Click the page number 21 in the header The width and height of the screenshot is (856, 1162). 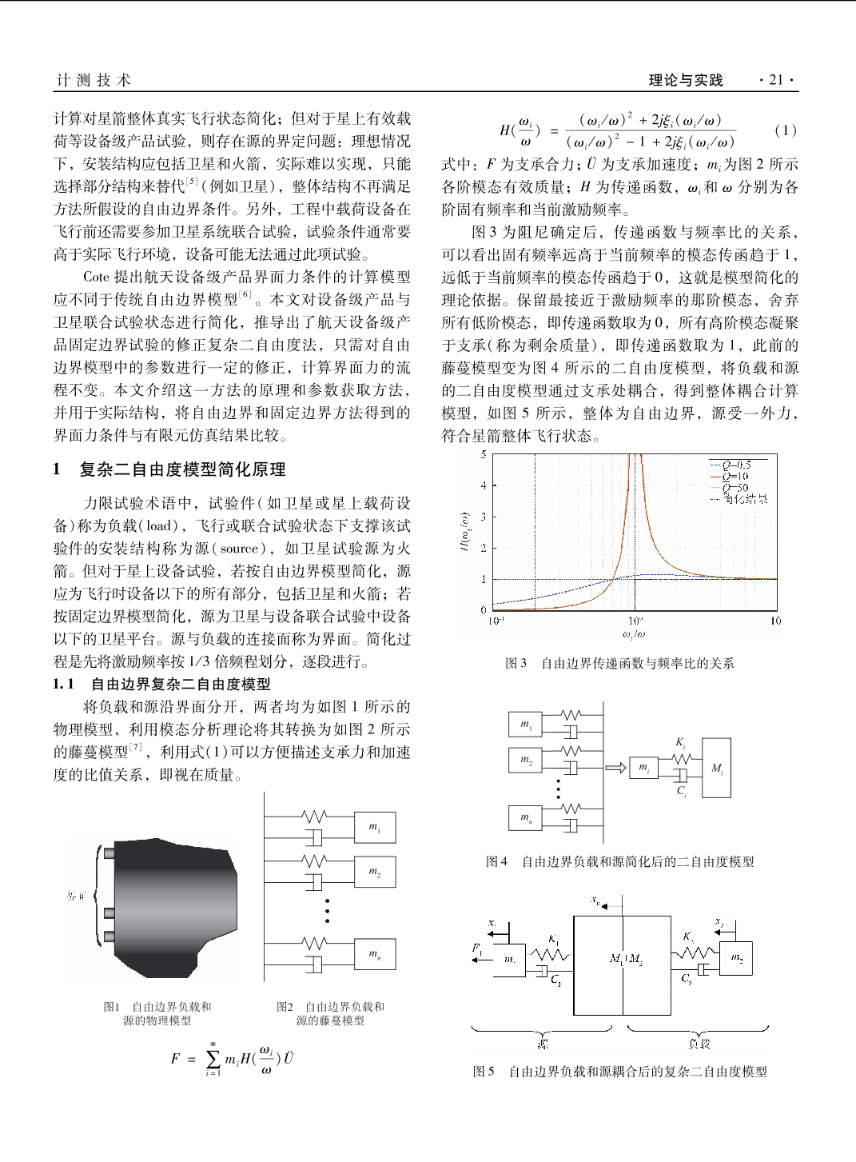775,80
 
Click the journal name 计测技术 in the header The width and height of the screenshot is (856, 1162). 94,80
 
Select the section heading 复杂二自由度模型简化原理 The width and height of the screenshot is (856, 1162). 182,469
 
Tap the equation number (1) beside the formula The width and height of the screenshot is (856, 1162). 785,130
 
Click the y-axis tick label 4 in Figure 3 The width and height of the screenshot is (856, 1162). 484,485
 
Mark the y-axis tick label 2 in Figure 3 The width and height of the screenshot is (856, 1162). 484,548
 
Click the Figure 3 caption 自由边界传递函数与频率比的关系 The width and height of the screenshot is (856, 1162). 637,663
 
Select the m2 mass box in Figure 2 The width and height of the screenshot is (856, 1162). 374,872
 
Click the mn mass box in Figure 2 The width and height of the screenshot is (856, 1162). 374,954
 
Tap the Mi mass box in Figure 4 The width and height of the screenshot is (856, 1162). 717,768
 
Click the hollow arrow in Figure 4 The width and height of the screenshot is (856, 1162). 615,768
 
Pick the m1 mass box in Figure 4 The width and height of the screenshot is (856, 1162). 525,725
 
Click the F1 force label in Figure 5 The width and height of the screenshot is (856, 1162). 477,948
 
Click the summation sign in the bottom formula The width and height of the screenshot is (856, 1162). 213,1059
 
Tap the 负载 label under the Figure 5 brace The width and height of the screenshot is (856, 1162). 699,1044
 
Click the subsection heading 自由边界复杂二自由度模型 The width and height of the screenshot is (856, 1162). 181,684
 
